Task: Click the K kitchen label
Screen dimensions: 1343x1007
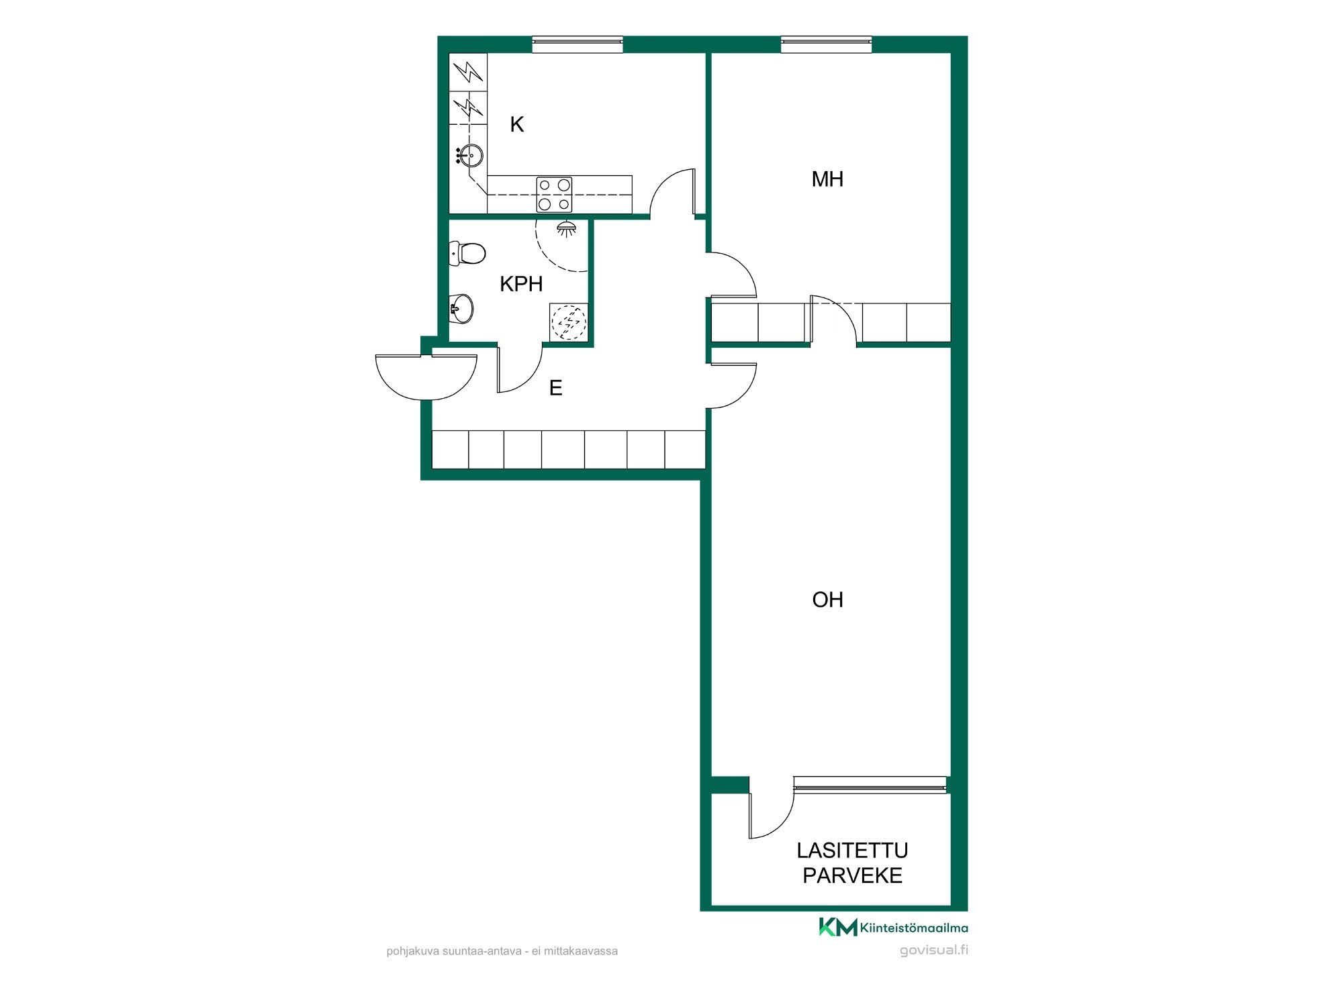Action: coord(516,124)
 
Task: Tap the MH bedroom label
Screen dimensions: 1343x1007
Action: coord(827,179)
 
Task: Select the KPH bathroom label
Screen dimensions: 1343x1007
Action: coord(521,284)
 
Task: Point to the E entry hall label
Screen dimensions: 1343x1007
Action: coord(555,388)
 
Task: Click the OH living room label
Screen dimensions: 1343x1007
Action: coord(827,600)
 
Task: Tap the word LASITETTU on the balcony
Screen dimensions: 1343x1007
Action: coord(852,851)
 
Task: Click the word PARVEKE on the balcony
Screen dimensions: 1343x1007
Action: coord(852,876)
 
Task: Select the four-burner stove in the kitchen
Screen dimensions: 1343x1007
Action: coord(555,194)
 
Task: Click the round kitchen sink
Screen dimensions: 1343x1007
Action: coord(470,156)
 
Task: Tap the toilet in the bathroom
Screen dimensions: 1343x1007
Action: coord(467,253)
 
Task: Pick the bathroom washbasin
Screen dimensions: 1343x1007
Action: coord(461,308)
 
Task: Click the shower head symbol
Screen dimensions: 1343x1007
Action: coord(567,228)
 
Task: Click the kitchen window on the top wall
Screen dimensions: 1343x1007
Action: coord(577,44)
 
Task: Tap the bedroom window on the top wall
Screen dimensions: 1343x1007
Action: coord(827,44)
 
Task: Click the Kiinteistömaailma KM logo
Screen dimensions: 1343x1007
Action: coord(893,927)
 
